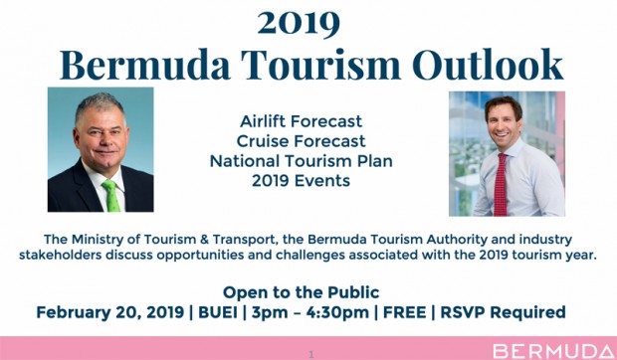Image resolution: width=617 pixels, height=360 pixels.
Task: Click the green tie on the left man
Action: tap(111, 195)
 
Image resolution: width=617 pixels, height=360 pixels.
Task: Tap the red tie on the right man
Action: tap(501, 184)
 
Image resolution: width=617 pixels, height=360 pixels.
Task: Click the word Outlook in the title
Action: tap(488, 65)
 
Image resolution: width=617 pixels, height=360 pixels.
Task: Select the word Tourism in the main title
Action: tap(320, 65)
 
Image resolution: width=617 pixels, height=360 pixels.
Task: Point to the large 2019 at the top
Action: tap(299, 24)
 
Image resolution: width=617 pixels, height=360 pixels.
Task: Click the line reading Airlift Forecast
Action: tap(301, 121)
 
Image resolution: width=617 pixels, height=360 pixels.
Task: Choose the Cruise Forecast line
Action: tap(301, 141)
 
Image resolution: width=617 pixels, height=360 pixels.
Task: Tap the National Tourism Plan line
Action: tap(301, 161)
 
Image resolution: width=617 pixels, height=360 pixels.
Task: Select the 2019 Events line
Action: tap(301, 181)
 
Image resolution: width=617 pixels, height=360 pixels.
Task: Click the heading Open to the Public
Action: tap(301, 292)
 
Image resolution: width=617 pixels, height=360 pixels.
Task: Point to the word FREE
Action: tap(404, 312)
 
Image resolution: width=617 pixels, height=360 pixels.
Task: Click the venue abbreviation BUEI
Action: tap(218, 312)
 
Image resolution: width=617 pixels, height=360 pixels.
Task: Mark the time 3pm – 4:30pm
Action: tap(310, 312)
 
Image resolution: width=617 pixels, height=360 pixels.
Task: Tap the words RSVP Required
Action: tap(503, 312)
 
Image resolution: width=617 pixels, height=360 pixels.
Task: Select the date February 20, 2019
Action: tap(110, 312)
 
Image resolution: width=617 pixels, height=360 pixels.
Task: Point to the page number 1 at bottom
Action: tap(311, 354)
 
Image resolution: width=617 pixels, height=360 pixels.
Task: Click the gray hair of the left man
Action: tap(100, 103)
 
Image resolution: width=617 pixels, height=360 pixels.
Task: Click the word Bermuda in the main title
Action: tap(145, 65)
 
